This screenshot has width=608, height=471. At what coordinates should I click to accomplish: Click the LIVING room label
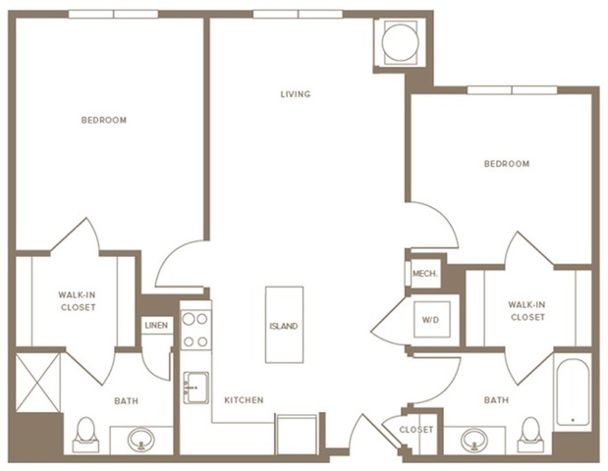click(295, 94)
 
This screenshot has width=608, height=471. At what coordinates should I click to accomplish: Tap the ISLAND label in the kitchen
click(284, 326)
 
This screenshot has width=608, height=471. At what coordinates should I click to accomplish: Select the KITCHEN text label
click(243, 400)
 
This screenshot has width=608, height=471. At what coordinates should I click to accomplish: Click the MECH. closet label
click(424, 274)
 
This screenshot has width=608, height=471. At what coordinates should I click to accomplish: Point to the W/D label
click(430, 320)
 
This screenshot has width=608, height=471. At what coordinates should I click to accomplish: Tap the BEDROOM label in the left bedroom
click(103, 120)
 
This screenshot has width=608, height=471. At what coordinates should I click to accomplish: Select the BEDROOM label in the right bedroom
click(506, 164)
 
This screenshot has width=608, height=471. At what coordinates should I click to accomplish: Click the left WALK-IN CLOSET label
click(77, 301)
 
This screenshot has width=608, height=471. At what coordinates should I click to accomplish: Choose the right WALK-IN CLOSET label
click(526, 311)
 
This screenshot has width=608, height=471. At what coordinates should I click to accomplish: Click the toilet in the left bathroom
click(85, 433)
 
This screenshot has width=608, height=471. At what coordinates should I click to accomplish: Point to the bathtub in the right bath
click(572, 392)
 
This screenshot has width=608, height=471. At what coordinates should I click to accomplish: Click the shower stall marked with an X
click(36, 383)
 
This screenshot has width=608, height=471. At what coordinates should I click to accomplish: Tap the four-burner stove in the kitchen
click(194, 330)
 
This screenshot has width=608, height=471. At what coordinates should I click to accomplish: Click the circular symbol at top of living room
click(400, 41)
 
